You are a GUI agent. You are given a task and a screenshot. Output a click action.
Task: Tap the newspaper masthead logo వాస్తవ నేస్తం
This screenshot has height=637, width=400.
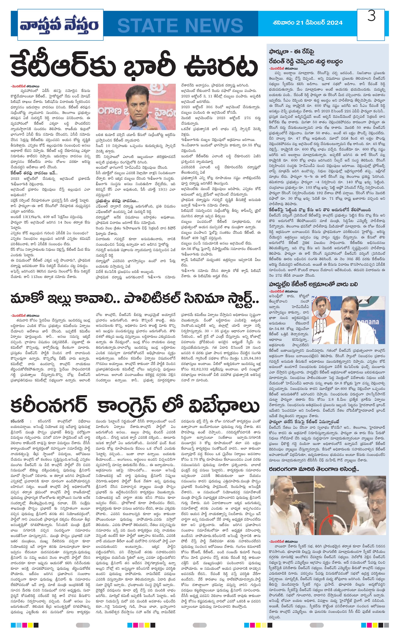(59, 25)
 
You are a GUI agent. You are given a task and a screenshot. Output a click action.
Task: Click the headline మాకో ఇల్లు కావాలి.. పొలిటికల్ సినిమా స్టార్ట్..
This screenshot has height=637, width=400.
(134, 299)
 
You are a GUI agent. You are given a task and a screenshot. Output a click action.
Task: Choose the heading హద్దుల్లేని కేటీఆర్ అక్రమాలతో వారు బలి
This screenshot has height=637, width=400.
(313, 284)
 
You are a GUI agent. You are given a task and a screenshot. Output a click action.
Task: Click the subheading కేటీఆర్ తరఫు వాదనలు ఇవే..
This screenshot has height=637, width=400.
(33, 173)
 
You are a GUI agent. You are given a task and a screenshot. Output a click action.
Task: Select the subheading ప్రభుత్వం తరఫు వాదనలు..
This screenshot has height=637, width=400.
(117, 201)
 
